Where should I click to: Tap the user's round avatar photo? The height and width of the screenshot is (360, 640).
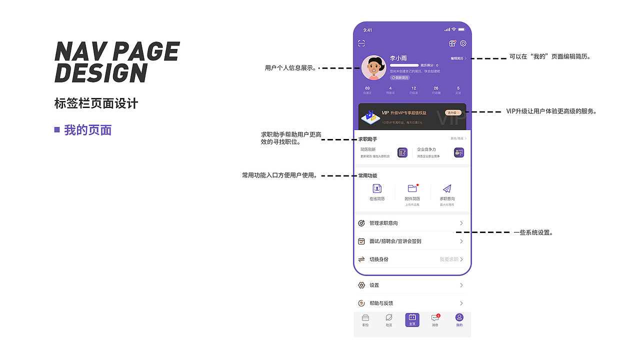[373, 67]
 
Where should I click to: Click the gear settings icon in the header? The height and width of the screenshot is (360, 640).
[463, 43]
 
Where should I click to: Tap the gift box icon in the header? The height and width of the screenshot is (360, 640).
[452, 43]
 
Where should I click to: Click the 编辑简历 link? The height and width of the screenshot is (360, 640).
[458, 58]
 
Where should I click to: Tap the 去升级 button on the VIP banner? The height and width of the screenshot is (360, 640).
[452, 113]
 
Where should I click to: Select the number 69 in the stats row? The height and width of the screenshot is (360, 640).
[367, 88]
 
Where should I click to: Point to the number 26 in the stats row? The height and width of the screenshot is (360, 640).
[436, 88]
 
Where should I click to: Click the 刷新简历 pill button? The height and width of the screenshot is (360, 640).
[400, 77]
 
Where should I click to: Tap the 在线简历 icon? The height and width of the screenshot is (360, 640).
[377, 188]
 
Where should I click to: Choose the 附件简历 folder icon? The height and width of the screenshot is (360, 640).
[412, 188]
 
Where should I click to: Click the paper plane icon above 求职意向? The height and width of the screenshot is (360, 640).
[447, 188]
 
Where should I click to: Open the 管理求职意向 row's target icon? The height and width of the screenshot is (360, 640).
[361, 223]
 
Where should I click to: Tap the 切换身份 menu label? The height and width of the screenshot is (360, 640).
[379, 259]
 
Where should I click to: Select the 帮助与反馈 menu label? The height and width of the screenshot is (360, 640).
[381, 303]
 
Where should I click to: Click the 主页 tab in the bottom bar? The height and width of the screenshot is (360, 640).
[412, 319]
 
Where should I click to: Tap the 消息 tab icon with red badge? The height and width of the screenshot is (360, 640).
[435, 318]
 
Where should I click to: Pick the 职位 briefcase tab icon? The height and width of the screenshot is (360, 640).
[365, 318]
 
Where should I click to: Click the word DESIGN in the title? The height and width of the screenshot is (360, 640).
[100, 73]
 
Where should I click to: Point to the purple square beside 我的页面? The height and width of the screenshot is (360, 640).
[57, 130]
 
